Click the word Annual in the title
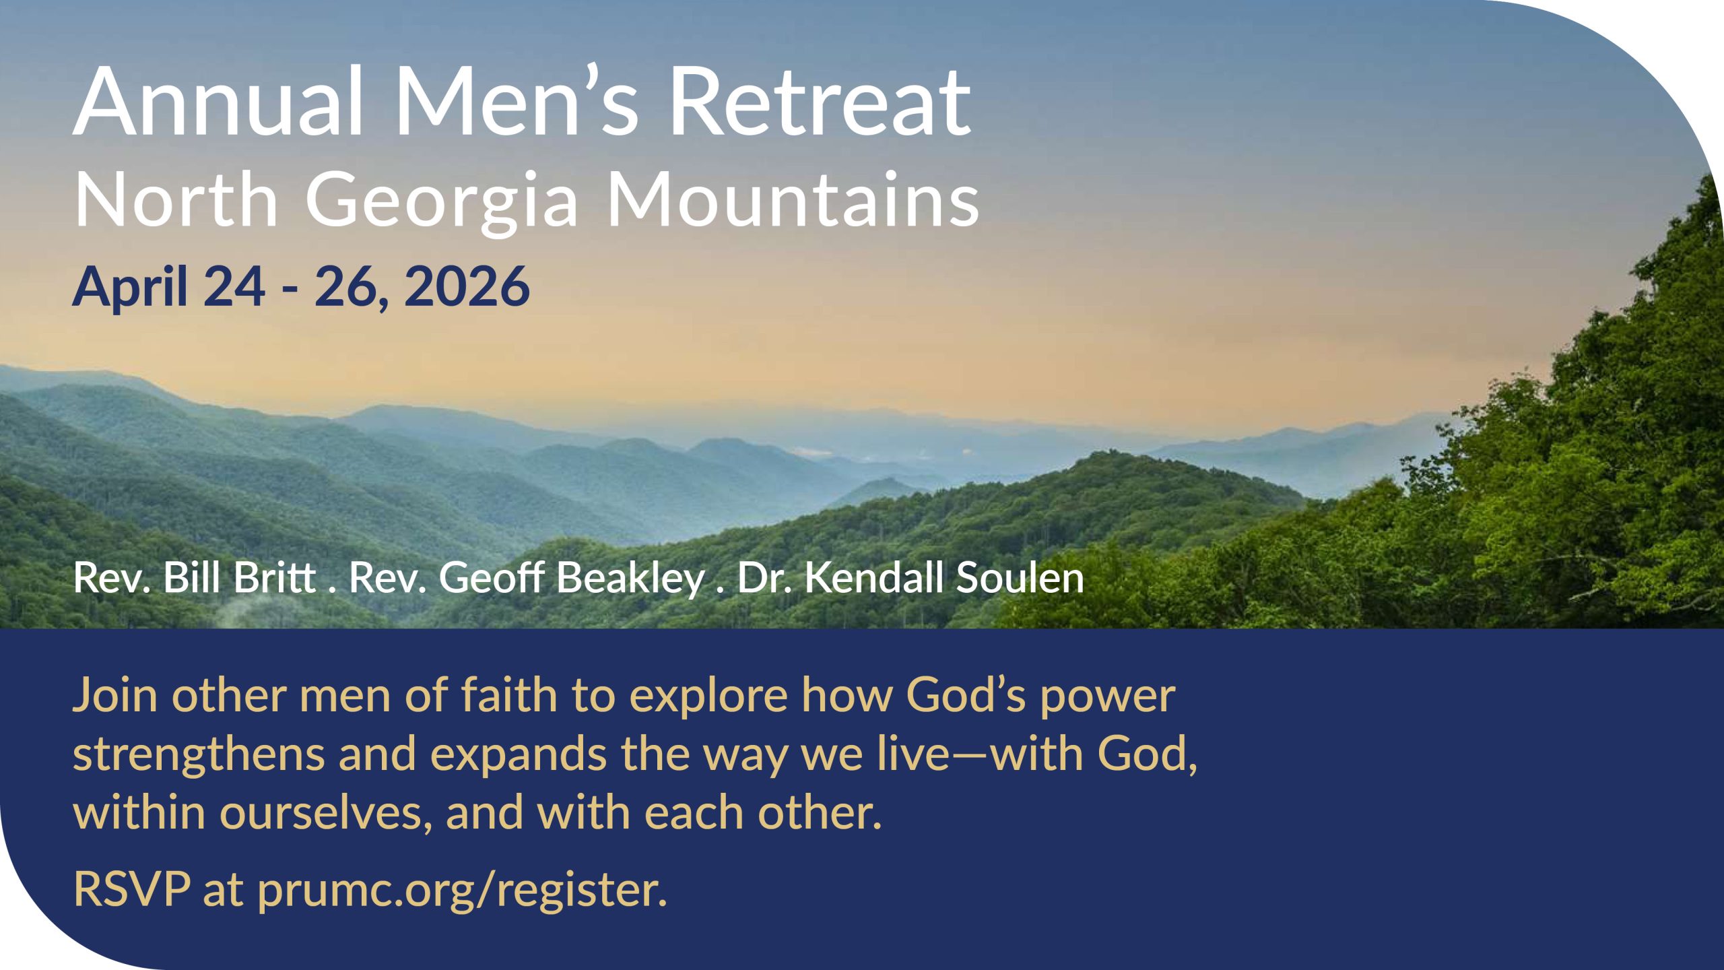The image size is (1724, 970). point(218,102)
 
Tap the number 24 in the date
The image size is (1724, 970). point(234,287)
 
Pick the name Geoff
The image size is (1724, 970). point(492,578)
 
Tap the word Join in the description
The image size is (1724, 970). point(114,695)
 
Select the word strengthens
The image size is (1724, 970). point(198,754)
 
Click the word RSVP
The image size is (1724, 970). point(132,889)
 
